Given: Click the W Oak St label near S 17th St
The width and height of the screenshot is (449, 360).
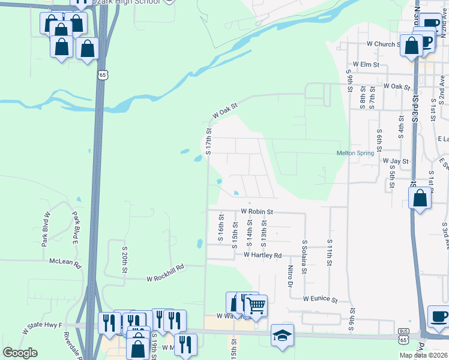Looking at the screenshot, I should (225, 110).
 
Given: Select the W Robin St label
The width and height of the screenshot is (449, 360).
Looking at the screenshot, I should (257, 212).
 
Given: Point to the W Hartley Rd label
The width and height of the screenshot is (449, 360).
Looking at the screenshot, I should (262, 255).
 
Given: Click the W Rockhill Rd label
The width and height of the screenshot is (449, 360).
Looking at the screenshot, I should (165, 275).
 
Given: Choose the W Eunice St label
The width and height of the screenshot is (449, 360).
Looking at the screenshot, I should (321, 298).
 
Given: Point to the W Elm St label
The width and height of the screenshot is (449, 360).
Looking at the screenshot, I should (366, 64).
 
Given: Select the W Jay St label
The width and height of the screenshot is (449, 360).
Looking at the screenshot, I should (396, 161).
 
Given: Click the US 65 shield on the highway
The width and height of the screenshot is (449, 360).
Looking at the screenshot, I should (103, 76).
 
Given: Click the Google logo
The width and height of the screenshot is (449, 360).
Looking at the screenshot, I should (20, 353).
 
